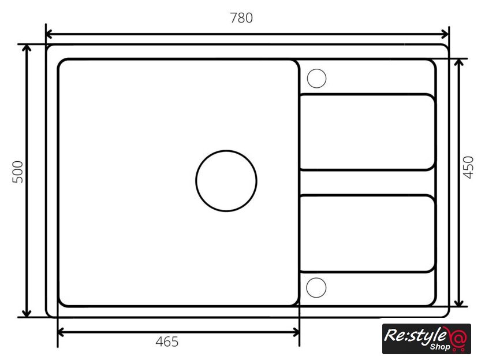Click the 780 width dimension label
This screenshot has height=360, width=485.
[241, 18]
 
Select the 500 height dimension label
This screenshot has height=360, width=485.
[18, 172]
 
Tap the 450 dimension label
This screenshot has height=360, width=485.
[468, 168]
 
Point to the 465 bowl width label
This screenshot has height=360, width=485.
[167, 342]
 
